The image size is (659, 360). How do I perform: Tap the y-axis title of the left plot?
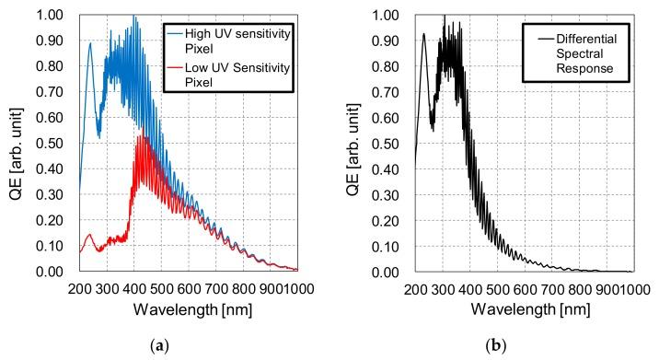point(16,144)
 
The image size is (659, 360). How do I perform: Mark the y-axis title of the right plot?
point(351,144)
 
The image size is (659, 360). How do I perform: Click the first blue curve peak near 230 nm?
point(90,42)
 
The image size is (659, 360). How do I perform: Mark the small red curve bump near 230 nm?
point(90,234)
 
